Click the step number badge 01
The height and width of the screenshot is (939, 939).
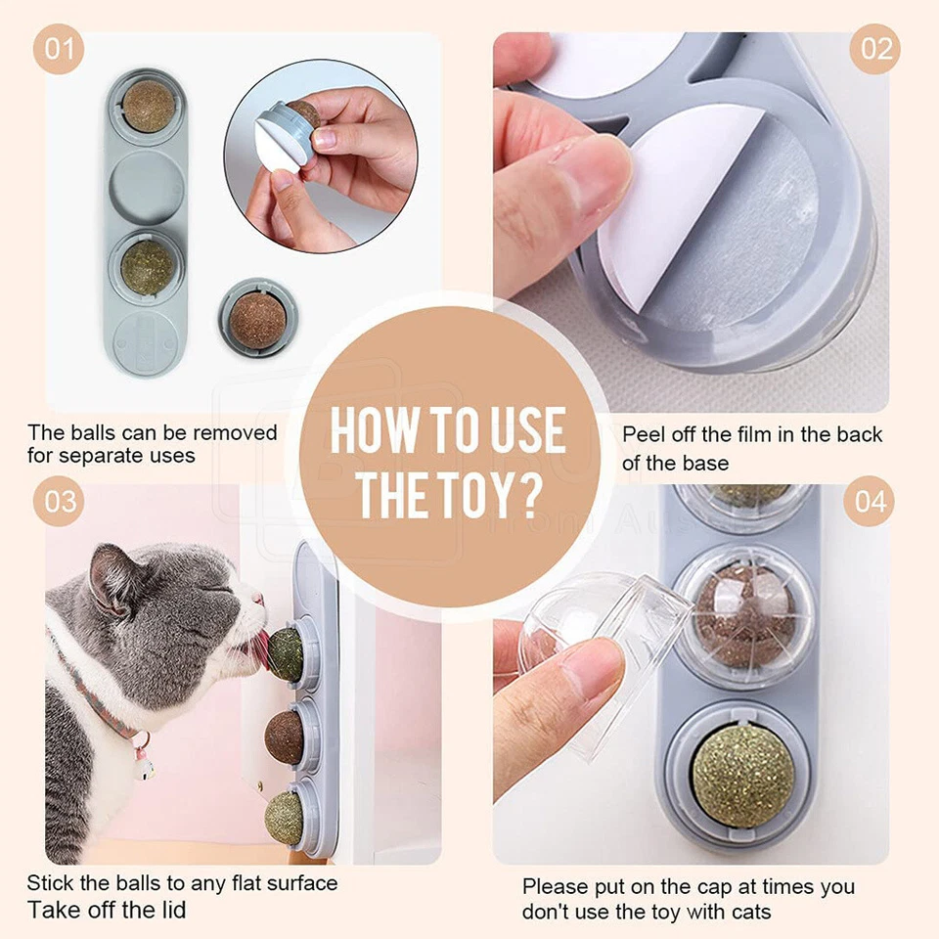pyautogui.click(x=59, y=50)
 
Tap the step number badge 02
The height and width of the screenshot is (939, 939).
pyautogui.click(x=873, y=50)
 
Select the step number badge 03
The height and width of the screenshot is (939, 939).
pyautogui.click(x=59, y=502)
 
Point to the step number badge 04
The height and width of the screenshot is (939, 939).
pyautogui.click(x=870, y=502)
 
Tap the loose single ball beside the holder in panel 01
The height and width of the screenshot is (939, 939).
pyautogui.click(x=257, y=318)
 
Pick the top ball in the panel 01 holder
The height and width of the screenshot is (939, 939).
pyautogui.click(x=148, y=106)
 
